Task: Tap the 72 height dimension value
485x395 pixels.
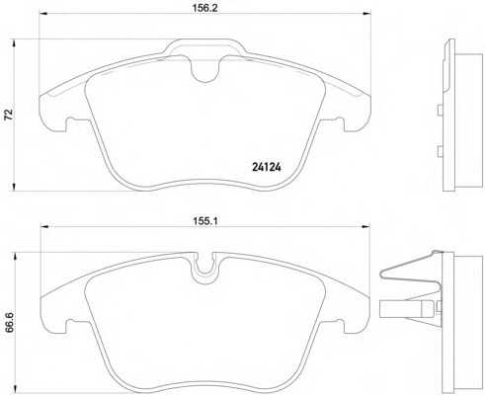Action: (x=9, y=115)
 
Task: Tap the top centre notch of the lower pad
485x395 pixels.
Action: (x=205, y=266)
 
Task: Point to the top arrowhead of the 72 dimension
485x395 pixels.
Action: (x=14, y=42)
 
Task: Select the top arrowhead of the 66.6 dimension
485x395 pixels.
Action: (x=14, y=256)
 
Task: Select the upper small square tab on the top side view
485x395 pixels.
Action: (x=439, y=111)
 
